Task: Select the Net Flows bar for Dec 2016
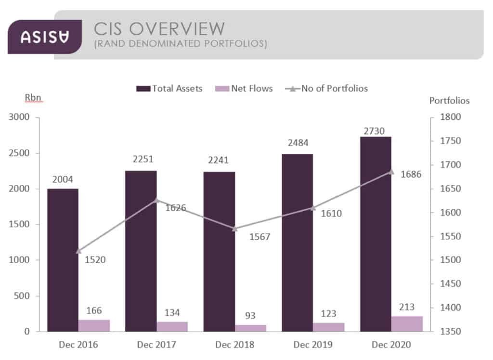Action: click(x=94, y=325)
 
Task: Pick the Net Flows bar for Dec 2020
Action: click(x=407, y=323)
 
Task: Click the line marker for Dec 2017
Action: click(x=156, y=200)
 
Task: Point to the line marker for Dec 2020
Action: click(x=391, y=171)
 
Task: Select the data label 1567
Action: click(x=259, y=237)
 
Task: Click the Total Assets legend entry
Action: click(x=169, y=89)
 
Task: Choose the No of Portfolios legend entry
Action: click(x=327, y=89)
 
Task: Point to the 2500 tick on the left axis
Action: click(x=20, y=153)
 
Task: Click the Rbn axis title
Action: click(x=33, y=98)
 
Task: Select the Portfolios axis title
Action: click(x=449, y=101)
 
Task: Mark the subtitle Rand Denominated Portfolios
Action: click(x=181, y=44)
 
